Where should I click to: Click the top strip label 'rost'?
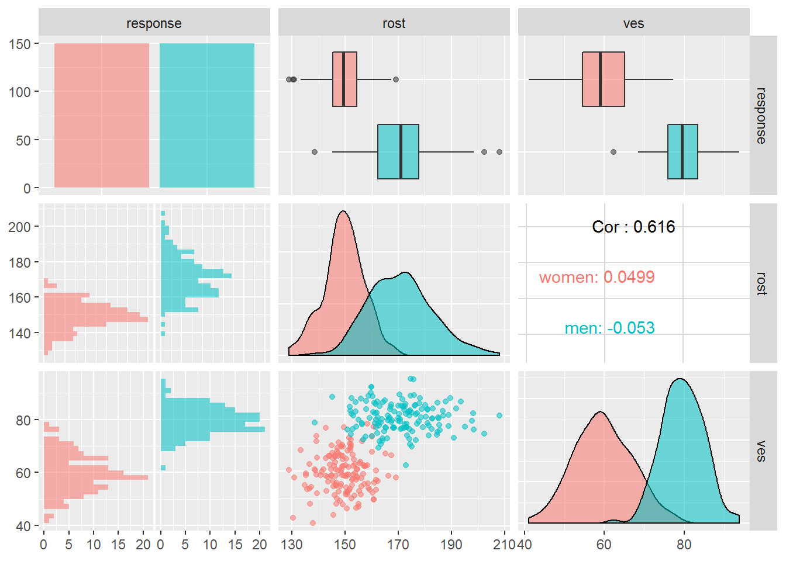[x=394, y=23]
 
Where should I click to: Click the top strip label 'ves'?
[x=633, y=23]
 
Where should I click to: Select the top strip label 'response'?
[x=154, y=23]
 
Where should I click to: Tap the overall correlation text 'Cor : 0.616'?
[x=633, y=227]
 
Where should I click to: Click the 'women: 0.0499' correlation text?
[x=597, y=277]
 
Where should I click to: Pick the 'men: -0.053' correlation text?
[x=609, y=328]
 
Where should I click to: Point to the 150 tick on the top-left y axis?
[x=20, y=44]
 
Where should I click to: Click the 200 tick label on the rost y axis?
[x=19, y=227]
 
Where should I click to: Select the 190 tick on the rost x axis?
[x=451, y=545]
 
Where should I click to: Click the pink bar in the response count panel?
[x=102, y=115]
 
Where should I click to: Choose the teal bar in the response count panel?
[x=207, y=115]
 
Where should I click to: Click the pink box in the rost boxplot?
[x=344, y=79]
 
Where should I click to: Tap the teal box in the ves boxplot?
[x=682, y=151]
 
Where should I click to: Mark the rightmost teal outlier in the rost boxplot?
[x=499, y=152]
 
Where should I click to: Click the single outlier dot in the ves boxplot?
[x=613, y=152]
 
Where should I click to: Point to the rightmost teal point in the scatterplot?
[x=499, y=415]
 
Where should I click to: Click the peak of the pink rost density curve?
[x=343, y=212]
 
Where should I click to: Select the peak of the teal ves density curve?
[x=680, y=379]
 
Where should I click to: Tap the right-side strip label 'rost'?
[x=761, y=283]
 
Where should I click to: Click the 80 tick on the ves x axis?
[x=684, y=545]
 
